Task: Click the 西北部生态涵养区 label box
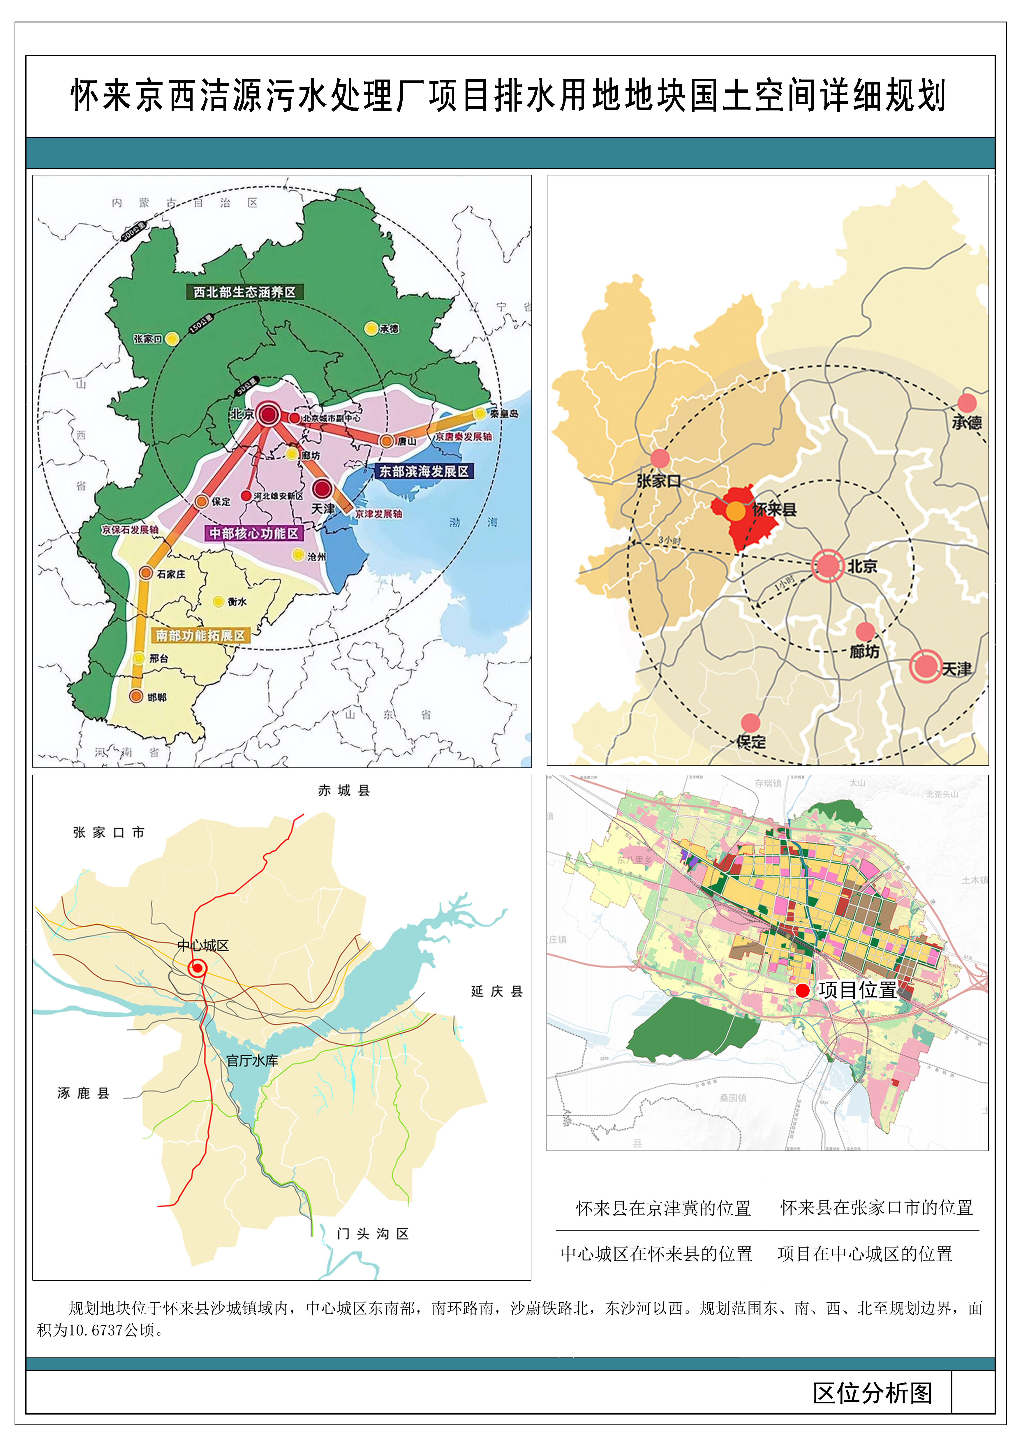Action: pos(244,292)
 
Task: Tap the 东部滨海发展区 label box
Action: pos(424,471)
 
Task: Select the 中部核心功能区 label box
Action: pos(254,533)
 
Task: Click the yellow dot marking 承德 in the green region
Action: pos(371,328)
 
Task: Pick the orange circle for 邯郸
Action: pos(136,696)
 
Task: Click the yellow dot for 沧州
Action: pos(299,555)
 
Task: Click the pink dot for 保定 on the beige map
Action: pos(750,722)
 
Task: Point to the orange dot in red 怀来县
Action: pos(736,511)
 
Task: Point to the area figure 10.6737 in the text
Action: pos(94,1330)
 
